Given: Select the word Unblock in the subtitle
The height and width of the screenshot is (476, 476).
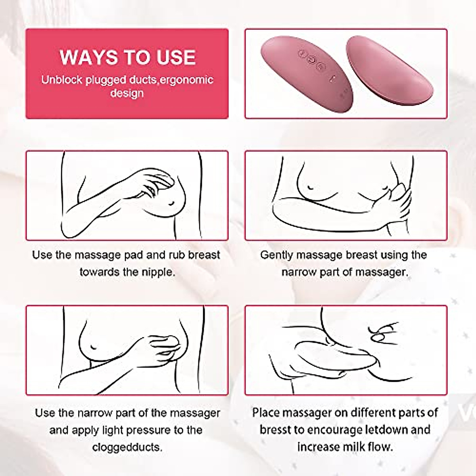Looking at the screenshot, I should (x=62, y=80).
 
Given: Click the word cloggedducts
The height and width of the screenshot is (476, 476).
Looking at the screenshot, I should (x=127, y=447).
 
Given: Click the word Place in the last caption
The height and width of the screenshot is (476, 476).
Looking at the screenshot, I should (x=267, y=413).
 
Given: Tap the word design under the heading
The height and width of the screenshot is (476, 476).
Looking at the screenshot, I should (x=127, y=94).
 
